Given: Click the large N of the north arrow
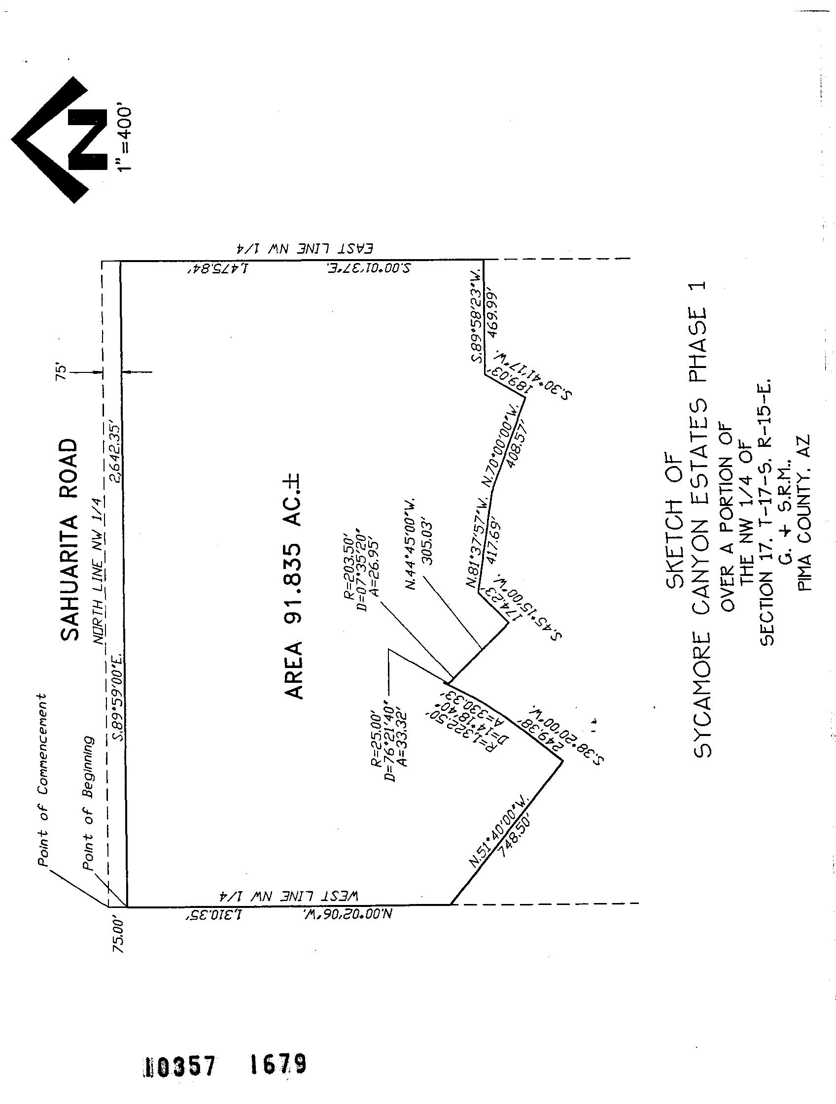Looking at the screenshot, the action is click(x=88, y=139).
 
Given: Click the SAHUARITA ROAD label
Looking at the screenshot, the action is click(x=70, y=539).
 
